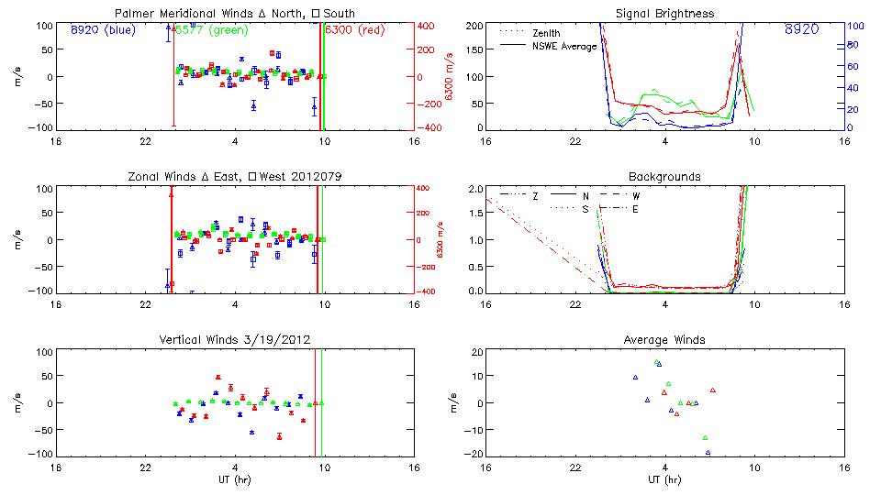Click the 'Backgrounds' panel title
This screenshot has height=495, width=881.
664,176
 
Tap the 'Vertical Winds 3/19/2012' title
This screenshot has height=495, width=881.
233,340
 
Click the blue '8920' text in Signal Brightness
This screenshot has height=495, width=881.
802,30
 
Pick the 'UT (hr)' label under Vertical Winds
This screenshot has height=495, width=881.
233,479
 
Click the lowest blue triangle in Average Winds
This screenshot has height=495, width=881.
708,453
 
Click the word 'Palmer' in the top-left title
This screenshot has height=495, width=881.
133,14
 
